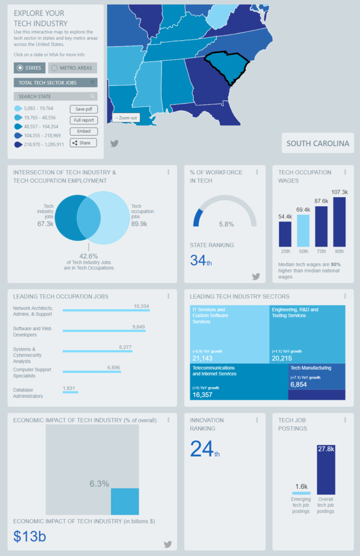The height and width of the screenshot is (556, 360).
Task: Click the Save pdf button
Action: pos(84,109)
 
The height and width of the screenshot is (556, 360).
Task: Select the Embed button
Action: pos(84,131)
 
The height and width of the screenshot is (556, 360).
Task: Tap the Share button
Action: pos(84,143)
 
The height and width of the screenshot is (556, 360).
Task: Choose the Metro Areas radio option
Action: pos(73,68)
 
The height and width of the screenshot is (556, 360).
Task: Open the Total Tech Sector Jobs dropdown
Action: pos(55,83)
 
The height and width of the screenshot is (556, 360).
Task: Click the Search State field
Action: pos(55,97)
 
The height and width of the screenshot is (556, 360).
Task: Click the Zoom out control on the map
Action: pos(126,118)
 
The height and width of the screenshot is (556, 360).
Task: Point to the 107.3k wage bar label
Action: pos(339,192)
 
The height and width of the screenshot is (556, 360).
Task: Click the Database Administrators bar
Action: pos(70,391)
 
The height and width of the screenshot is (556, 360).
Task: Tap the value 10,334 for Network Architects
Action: pos(141,306)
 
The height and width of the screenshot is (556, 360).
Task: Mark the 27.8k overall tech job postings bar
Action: pos(326,470)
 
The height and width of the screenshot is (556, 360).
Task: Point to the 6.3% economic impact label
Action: pos(99,483)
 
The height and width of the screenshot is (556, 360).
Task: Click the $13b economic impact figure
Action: pos(30,536)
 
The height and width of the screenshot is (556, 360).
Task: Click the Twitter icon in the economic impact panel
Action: pos(168,544)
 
